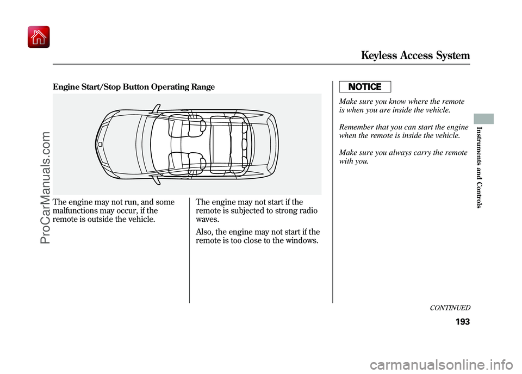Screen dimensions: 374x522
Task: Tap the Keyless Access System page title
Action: point(416,55)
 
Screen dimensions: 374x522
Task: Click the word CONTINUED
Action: point(449,308)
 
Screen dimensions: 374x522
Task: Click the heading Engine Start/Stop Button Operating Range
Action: point(134,87)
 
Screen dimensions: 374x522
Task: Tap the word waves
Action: point(207,219)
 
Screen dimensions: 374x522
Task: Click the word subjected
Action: point(245,210)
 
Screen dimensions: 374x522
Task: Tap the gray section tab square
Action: point(487,119)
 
